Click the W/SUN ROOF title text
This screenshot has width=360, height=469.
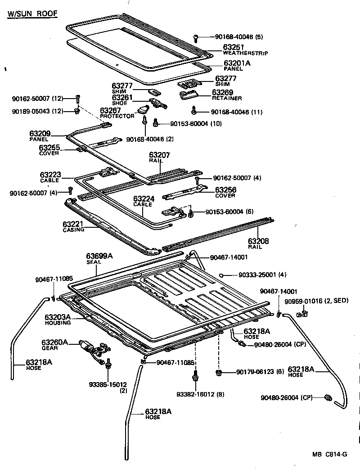click(32, 13)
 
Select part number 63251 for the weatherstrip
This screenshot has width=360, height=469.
click(234, 47)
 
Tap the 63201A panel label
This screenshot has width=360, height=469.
click(237, 63)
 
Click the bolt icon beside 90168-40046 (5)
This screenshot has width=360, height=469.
click(196, 37)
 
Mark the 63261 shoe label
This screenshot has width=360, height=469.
click(122, 97)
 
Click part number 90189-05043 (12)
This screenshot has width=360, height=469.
click(31, 111)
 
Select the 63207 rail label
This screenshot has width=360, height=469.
click(159, 155)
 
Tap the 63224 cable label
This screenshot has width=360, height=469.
click(143, 198)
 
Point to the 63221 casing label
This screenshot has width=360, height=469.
click(74, 224)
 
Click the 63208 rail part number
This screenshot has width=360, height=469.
click(258, 241)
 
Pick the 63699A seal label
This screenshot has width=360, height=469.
click(99, 256)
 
